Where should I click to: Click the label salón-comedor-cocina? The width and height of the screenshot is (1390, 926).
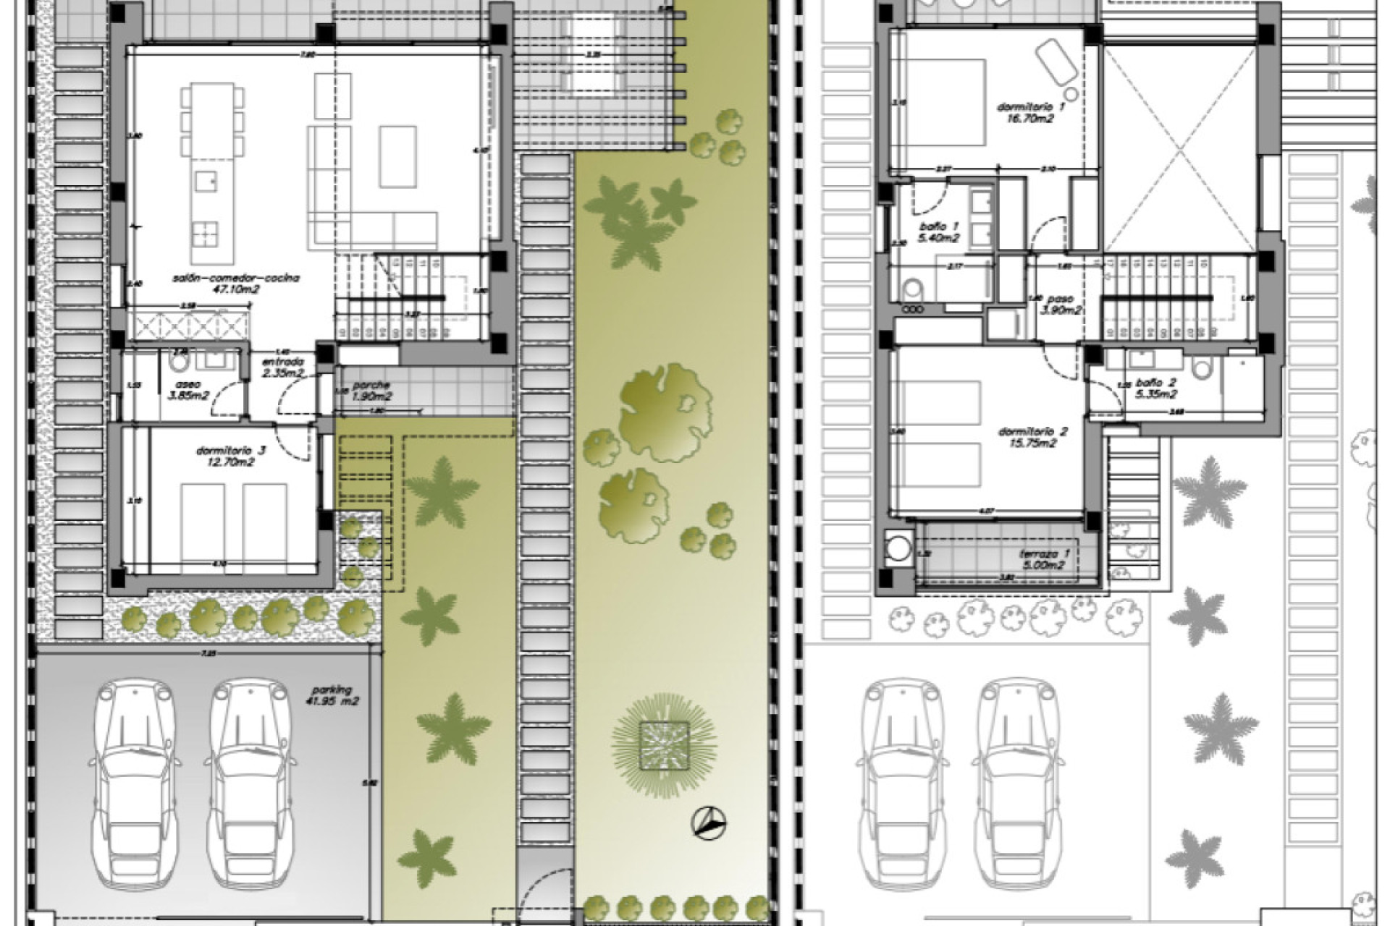click(x=236, y=278)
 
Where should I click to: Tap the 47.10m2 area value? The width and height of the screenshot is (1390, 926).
click(x=236, y=289)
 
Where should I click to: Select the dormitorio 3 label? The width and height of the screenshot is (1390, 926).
click(x=230, y=451)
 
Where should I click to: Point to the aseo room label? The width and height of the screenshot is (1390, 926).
click(x=181, y=385)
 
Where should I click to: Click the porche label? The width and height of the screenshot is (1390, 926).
click(x=371, y=386)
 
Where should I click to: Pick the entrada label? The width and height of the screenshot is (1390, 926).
click(x=282, y=362)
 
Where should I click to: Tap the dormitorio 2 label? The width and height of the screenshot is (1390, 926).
click(x=1032, y=432)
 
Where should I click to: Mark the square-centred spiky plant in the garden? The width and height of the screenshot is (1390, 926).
click(x=663, y=745)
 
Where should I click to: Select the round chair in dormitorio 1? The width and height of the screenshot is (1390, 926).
click(x=1070, y=94)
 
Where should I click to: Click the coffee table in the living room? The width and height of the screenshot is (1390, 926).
click(x=398, y=156)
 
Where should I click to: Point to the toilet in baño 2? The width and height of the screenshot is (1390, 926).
click(x=1202, y=369)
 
